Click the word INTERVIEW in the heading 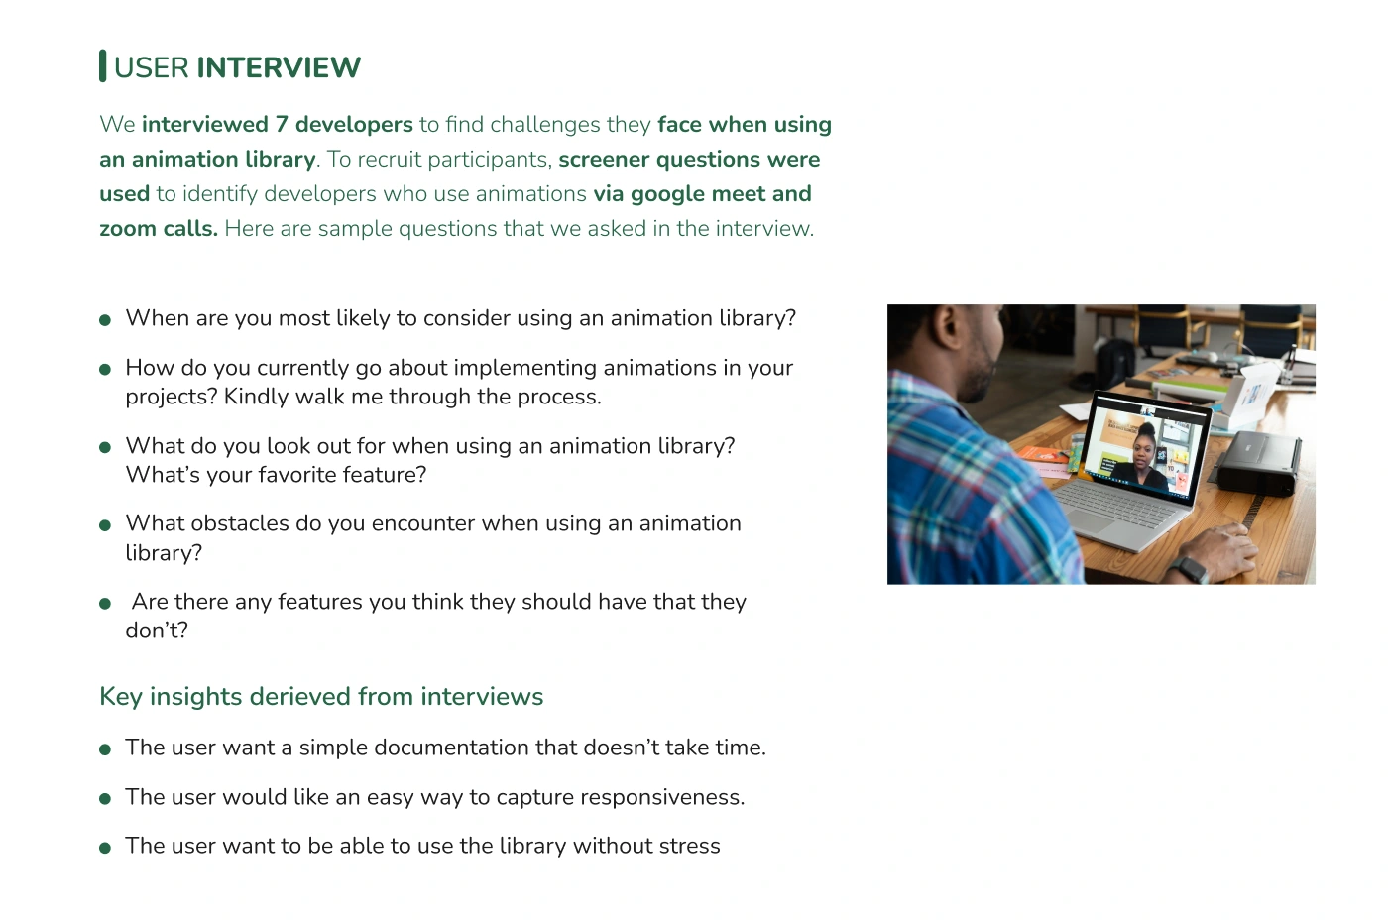[279, 67]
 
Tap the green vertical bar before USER [102, 65]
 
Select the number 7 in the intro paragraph [282, 124]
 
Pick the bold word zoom [128, 229]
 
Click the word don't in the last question [157, 631]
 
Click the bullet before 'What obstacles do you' [105, 525]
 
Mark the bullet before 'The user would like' [105, 799]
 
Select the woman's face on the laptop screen [1141, 455]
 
